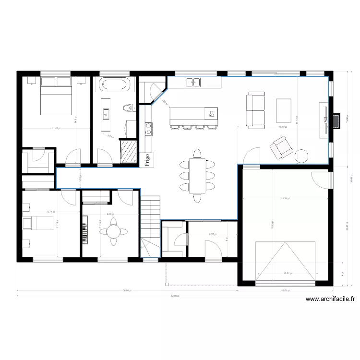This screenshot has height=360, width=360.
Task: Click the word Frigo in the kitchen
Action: (x=147, y=158)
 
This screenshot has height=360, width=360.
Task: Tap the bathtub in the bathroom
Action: (x=114, y=85)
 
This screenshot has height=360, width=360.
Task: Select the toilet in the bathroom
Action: (x=127, y=108)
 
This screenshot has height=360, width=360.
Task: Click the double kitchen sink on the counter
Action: (x=193, y=83)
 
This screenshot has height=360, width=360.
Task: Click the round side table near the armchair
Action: (x=301, y=156)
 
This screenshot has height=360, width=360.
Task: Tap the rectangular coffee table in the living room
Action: (x=283, y=110)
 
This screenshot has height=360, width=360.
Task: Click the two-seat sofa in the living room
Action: (x=256, y=110)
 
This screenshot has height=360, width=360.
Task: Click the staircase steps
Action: (x=150, y=216)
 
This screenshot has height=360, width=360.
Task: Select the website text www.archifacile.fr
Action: (x=330, y=299)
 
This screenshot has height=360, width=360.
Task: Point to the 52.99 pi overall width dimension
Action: (x=174, y=296)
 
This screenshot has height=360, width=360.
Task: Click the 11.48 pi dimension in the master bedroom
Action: (x=56, y=128)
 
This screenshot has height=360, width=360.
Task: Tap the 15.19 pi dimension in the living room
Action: (x=283, y=127)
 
